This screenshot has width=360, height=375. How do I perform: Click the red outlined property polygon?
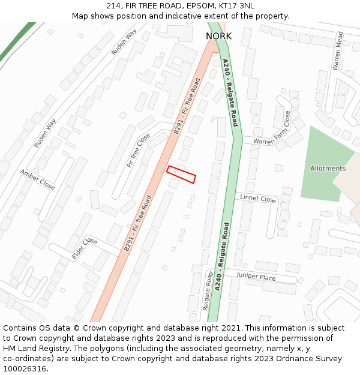[181, 174]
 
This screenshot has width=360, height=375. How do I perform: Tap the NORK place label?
[218, 37]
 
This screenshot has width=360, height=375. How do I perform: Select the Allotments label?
[328, 169]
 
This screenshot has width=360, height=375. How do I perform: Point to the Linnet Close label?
[258, 199]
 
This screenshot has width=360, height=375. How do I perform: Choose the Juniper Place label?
[256, 277]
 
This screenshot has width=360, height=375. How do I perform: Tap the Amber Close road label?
[37, 179]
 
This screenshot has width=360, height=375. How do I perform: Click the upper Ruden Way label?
[124, 42]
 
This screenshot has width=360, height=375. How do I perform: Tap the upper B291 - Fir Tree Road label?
[187, 106]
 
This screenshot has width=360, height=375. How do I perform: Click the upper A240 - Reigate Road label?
[230, 92]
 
